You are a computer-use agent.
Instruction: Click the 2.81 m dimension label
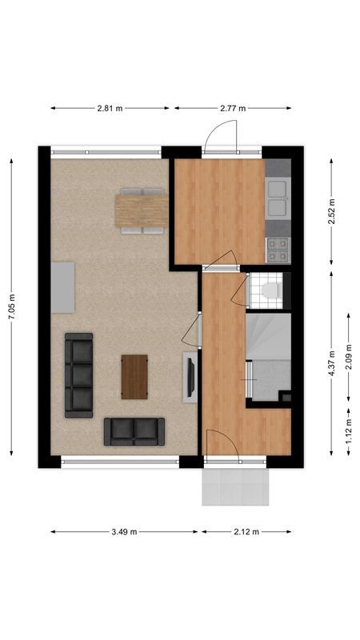pyautogui.click(x=109, y=108)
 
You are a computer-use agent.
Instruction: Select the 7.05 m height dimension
pyautogui.click(x=12, y=307)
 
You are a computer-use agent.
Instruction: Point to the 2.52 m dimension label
pyautogui.click(x=332, y=210)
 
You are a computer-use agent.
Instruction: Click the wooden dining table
pyautogui.click(x=141, y=211)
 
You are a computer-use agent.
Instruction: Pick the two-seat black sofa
pyautogui.click(x=134, y=432)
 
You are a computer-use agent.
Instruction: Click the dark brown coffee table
pyautogui.click(x=134, y=377)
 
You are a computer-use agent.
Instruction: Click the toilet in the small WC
pyautogui.click(x=270, y=290)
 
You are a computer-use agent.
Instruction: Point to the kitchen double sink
pyautogui.click(x=277, y=198)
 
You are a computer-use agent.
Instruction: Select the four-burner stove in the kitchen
pyautogui.click(x=277, y=250)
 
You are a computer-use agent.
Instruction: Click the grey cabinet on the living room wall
pyautogui.click(x=62, y=287)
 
